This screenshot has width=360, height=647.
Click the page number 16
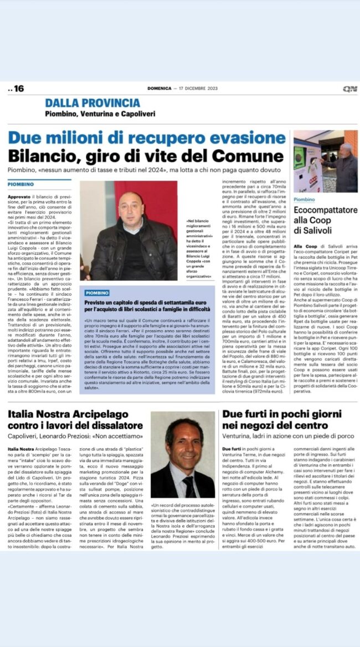[x=18, y=89]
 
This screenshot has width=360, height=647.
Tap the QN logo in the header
[x=349, y=89]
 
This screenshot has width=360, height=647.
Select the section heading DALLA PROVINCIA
[x=92, y=103]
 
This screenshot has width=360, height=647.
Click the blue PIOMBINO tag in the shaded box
[x=97, y=292]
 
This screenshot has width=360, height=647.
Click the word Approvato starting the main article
[x=19, y=197]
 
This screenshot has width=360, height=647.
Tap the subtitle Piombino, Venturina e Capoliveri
[x=100, y=114]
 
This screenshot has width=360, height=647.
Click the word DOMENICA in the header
[x=159, y=89]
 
